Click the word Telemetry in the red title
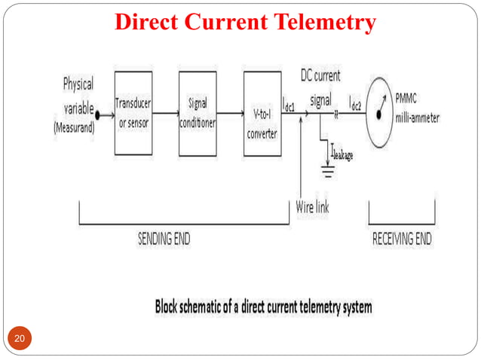[x=326, y=23]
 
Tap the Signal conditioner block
[x=198, y=113]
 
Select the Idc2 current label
[x=359, y=105]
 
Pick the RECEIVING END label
[x=403, y=239]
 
